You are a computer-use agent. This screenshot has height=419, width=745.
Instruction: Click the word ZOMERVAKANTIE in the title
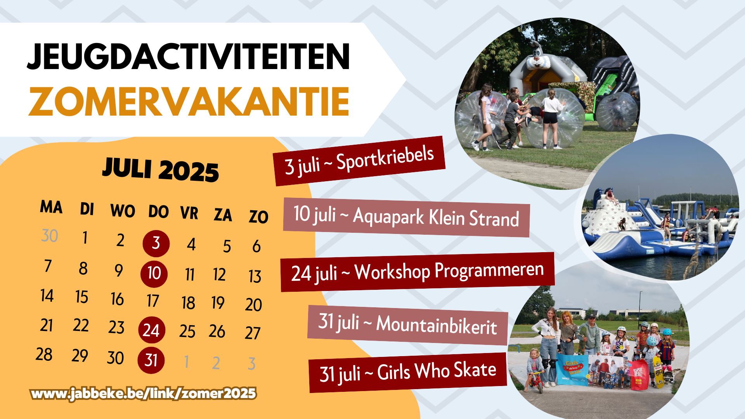point(189,102)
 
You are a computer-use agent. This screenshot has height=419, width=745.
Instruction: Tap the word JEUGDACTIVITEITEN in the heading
point(189,57)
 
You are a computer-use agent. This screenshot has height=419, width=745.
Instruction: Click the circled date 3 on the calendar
point(156,244)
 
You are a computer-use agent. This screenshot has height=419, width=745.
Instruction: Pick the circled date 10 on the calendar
point(154,274)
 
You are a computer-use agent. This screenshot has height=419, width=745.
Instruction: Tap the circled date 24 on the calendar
point(152,330)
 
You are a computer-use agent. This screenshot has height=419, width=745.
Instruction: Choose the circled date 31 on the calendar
point(151,360)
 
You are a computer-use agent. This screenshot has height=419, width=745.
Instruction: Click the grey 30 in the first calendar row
point(50,236)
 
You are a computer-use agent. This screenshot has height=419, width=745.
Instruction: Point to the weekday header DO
point(158,212)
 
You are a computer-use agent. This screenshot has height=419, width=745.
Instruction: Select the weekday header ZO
point(258,217)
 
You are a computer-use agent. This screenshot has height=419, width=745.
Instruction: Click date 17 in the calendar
point(153,301)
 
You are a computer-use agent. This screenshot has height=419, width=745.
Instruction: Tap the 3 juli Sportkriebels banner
point(359,161)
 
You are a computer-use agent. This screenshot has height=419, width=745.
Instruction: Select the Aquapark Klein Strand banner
point(407,217)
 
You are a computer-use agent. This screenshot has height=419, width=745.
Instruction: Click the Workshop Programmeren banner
point(418,272)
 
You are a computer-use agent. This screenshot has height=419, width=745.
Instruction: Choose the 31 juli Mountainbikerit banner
point(408,325)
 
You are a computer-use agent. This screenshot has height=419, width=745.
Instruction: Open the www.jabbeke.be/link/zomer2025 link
point(144,394)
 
